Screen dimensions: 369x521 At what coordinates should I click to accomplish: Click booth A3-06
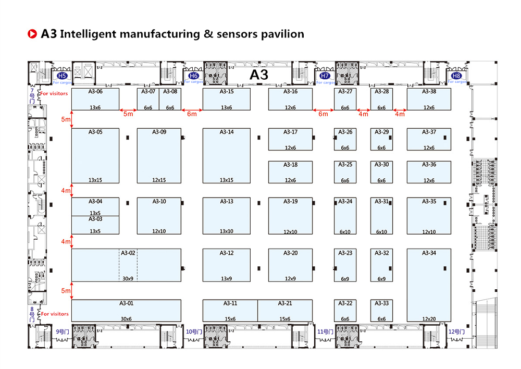point(95,99)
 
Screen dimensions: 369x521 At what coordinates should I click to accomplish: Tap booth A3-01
point(126,311)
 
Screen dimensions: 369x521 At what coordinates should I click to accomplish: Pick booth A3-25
point(345,172)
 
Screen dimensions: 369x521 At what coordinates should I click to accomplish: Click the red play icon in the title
point(32,34)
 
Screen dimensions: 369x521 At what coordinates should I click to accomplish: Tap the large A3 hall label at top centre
point(259,74)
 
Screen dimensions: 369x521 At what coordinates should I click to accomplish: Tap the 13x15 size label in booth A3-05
point(95,180)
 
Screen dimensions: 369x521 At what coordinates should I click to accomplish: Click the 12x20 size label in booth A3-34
point(429,318)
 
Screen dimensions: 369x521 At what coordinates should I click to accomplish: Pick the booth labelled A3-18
point(291,172)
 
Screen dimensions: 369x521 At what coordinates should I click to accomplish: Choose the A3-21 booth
point(285,311)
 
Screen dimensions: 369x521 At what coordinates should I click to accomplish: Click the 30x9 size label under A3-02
point(128,279)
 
